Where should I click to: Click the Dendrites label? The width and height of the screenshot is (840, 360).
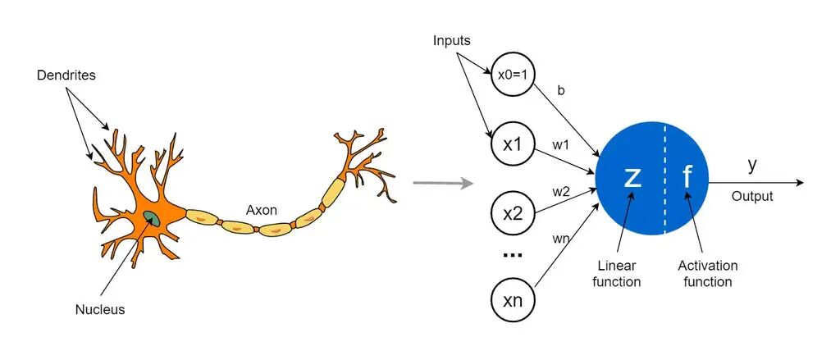click(x=66, y=75)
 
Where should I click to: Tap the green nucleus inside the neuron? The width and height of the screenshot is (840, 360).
click(x=153, y=217)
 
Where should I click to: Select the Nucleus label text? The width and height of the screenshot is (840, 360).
click(x=99, y=310)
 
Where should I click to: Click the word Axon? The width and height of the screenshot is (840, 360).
click(x=262, y=210)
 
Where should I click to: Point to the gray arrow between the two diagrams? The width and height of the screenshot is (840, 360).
click(x=443, y=182)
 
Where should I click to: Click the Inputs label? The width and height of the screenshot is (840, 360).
click(x=452, y=41)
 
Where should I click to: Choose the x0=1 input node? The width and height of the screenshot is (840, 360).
click(x=513, y=75)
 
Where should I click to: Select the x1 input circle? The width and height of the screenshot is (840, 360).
click(x=513, y=145)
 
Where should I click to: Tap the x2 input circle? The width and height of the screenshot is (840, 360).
click(x=513, y=214)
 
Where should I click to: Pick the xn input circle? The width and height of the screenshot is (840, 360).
click(x=513, y=300)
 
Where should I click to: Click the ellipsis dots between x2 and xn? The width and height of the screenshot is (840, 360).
click(x=512, y=255)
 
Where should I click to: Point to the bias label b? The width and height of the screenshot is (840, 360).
click(x=561, y=91)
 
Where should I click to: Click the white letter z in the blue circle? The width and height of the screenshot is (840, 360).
click(x=632, y=177)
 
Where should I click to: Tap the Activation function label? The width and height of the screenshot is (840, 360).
click(x=707, y=274)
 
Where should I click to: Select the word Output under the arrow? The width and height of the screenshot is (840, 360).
click(x=752, y=197)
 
